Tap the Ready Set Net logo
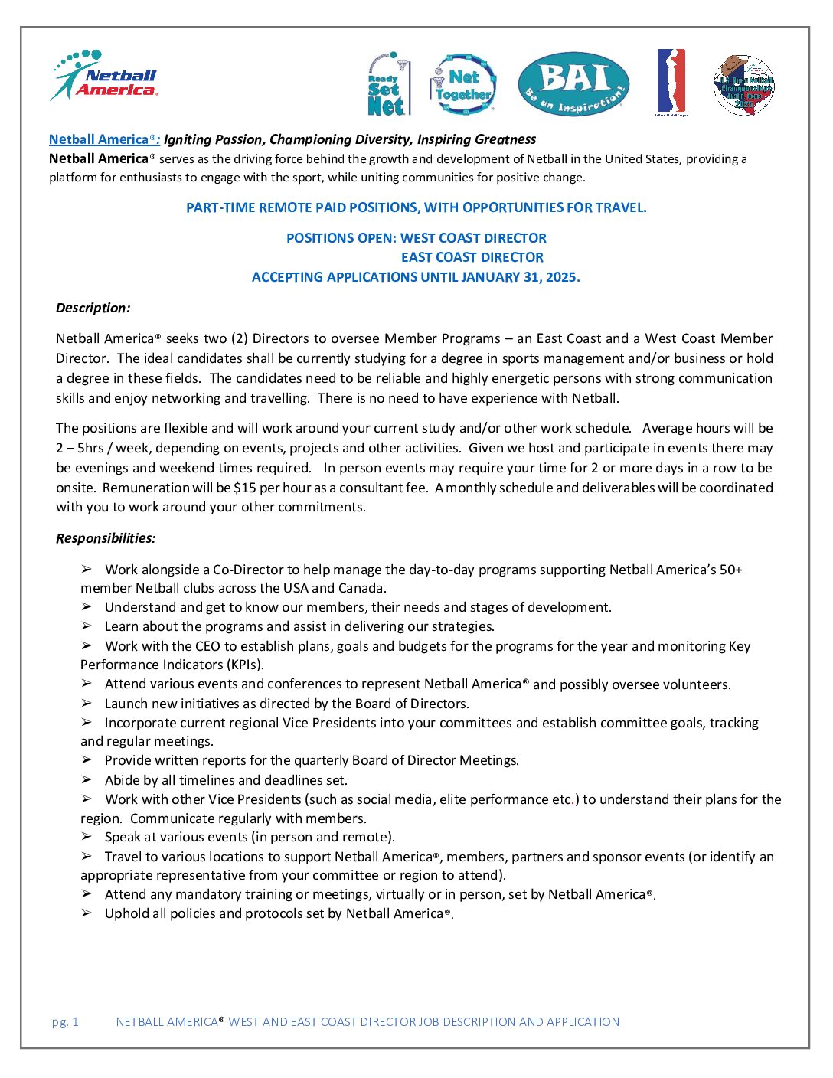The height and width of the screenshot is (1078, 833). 388,84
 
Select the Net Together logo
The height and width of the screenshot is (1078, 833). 463,84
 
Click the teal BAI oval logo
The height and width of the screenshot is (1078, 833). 573,84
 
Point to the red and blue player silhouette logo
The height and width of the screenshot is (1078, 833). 671,82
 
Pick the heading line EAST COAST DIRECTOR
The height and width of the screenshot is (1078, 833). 472,257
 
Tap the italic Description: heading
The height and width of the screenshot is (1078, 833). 93,308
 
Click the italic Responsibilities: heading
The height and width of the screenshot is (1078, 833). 106,538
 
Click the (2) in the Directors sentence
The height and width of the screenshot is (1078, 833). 240,338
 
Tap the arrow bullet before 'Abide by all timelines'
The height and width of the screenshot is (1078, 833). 87,779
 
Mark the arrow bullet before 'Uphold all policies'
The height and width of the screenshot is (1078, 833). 87,913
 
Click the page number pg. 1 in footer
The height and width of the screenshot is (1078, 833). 65,1021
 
